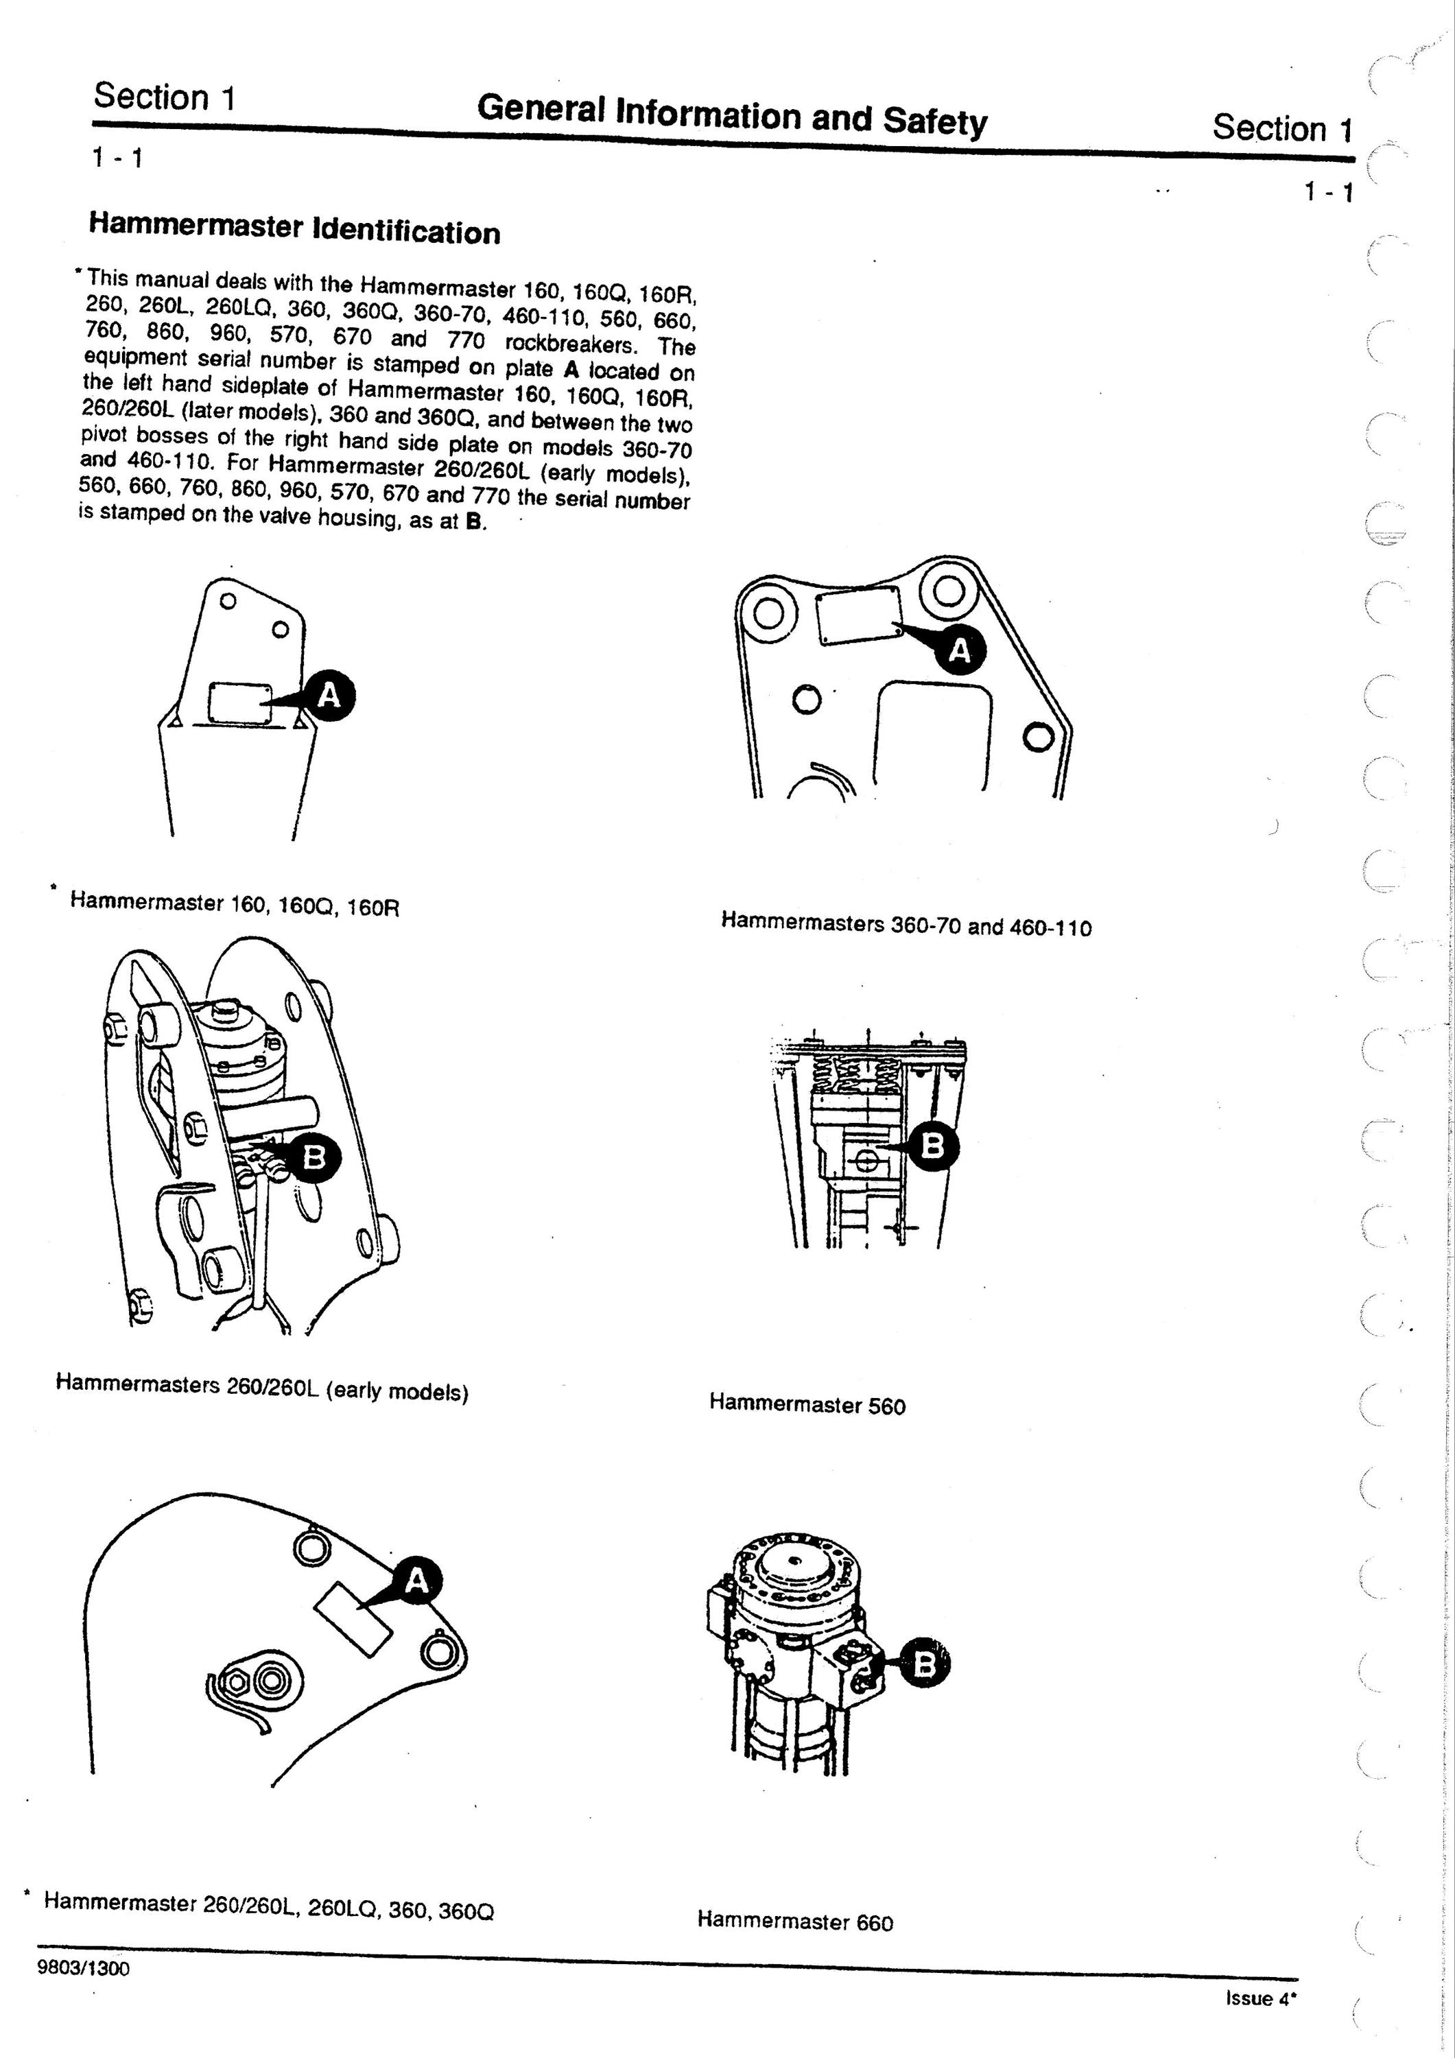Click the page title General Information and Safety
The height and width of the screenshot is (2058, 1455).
[733, 114]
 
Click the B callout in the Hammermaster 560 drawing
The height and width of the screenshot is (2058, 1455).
[933, 1146]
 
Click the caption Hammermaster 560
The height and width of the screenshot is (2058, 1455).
[807, 1404]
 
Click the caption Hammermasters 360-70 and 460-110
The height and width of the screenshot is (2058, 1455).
[906, 924]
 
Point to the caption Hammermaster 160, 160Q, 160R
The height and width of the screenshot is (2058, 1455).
[235, 903]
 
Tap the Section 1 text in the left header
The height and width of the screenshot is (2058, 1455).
[164, 97]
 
